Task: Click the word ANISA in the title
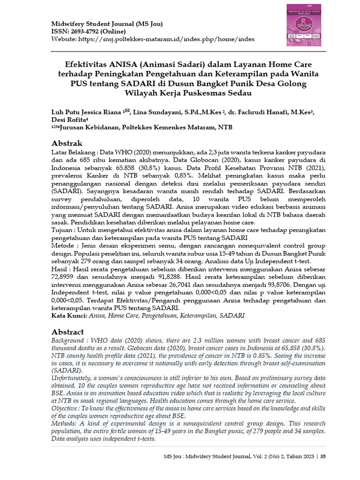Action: click(123, 64)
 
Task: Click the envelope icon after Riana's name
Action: click(126, 111)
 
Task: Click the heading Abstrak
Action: click(67, 143)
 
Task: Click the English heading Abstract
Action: click(67, 331)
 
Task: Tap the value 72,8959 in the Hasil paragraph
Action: click(63, 277)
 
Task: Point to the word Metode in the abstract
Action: click(62, 246)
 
